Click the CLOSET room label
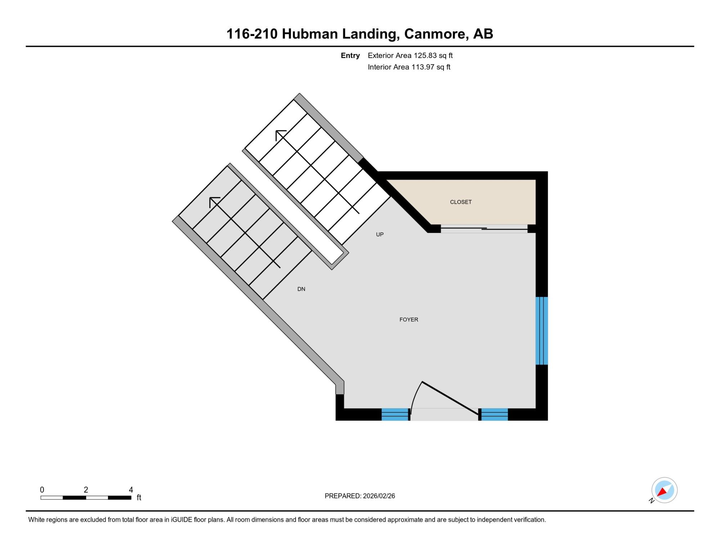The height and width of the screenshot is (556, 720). click(x=460, y=202)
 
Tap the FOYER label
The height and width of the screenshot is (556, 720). click(x=409, y=320)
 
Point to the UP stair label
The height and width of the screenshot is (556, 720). click(x=380, y=235)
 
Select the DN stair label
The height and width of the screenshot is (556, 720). click(x=301, y=289)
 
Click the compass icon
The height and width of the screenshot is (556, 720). click(x=664, y=490)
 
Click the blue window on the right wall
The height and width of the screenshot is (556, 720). click(x=542, y=331)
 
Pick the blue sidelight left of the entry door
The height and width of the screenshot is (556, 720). click(x=395, y=414)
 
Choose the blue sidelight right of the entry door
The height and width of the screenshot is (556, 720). click(x=494, y=414)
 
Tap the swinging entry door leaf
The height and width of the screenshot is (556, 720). click(x=450, y=399)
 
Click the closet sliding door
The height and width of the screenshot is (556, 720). click(x=484, y=229)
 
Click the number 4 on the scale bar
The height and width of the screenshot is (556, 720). click(x=131, y=490)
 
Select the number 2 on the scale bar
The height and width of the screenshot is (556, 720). click(x=86, y=490)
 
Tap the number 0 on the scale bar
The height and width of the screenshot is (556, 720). click(x=42, y=490)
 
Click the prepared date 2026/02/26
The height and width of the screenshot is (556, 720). click(x=379, y=496)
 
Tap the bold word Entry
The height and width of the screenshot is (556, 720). click(x=350, y=56)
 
